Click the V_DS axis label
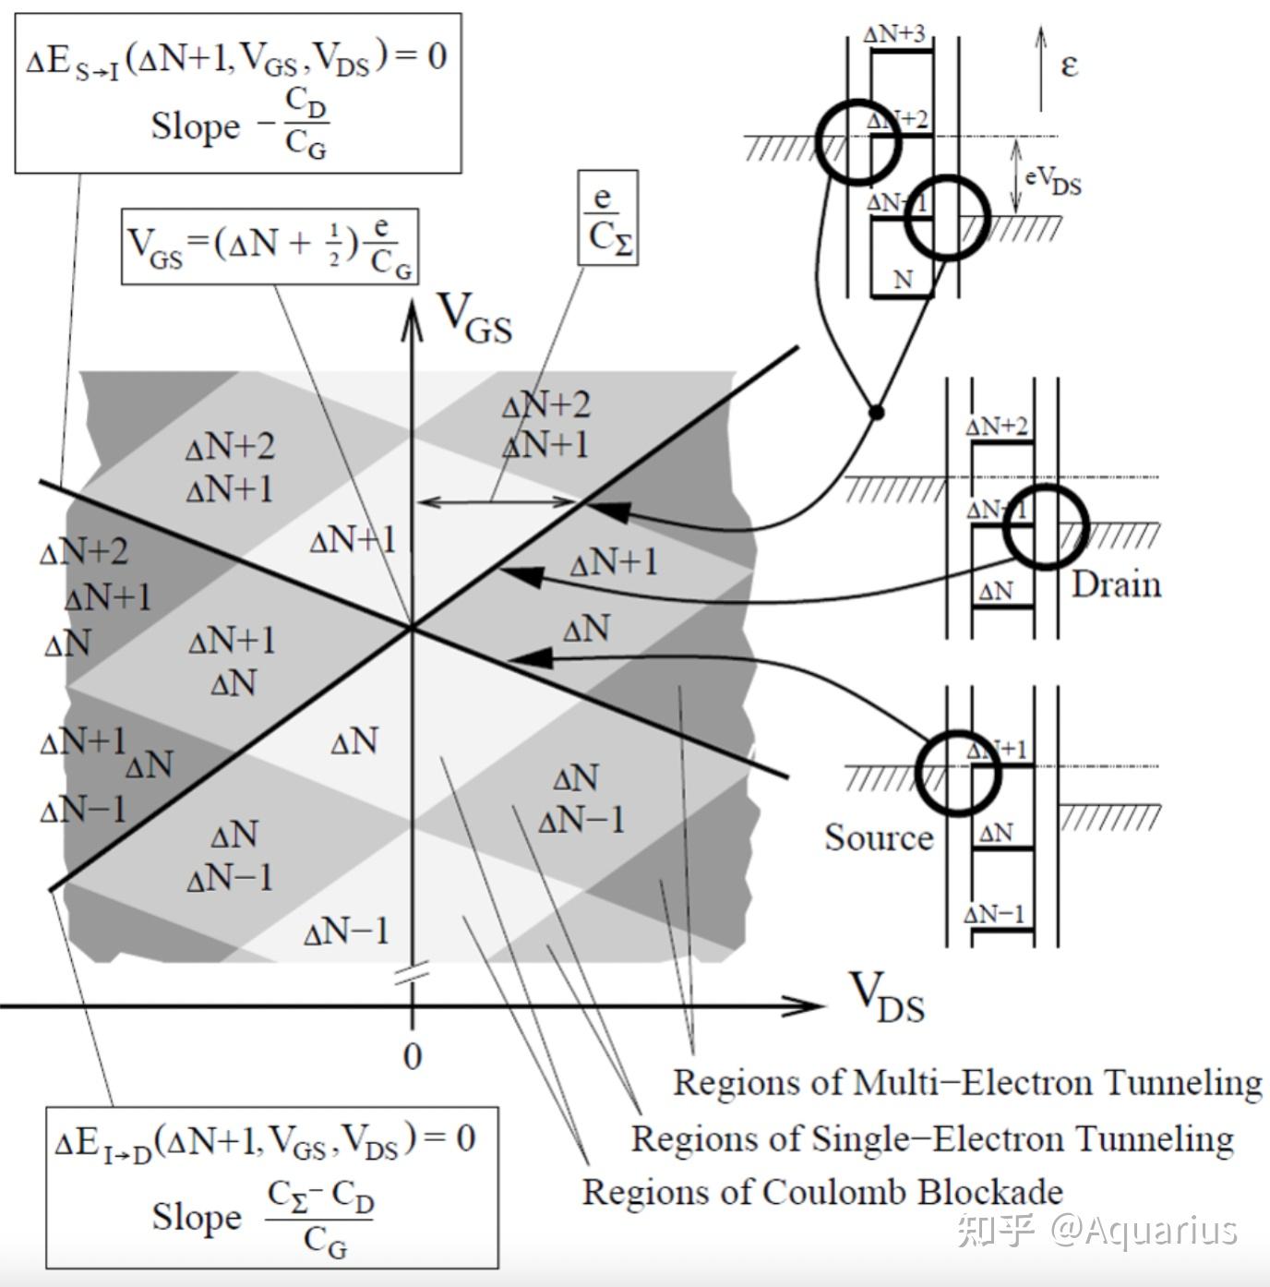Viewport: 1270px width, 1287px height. pos(885,997)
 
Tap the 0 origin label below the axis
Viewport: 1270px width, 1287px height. pos(413,1056)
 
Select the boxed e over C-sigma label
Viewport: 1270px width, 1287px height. pos(608,218)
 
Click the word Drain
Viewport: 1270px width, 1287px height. pos(1116,584)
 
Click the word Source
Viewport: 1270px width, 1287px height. pos(878,837)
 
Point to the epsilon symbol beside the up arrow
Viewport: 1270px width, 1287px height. pos(1069,66)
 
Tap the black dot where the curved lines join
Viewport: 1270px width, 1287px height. pos(876,412)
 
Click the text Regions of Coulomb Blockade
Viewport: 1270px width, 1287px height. pos(821,1192)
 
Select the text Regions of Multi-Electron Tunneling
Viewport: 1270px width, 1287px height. pos(966,1082)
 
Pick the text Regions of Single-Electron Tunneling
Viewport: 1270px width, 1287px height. pos(931,1138)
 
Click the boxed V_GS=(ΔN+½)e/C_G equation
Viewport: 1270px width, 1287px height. pos(270,246)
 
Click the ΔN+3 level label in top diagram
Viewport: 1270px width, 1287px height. pos(893,35)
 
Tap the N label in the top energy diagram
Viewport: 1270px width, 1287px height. pos(904,279)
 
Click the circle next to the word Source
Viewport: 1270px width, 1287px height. pos(958,773)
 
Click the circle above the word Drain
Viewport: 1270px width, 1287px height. pos(1046,526)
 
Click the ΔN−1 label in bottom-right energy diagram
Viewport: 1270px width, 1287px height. pos(994,914)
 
